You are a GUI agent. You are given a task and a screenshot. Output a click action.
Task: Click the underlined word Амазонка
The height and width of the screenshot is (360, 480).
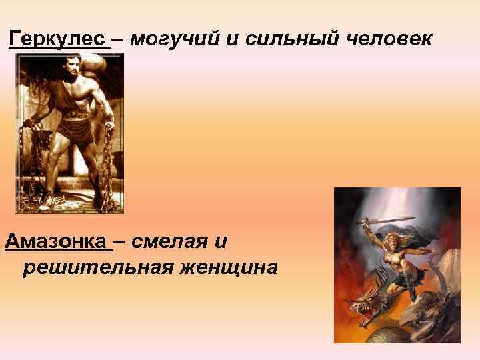tap(58, 241)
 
